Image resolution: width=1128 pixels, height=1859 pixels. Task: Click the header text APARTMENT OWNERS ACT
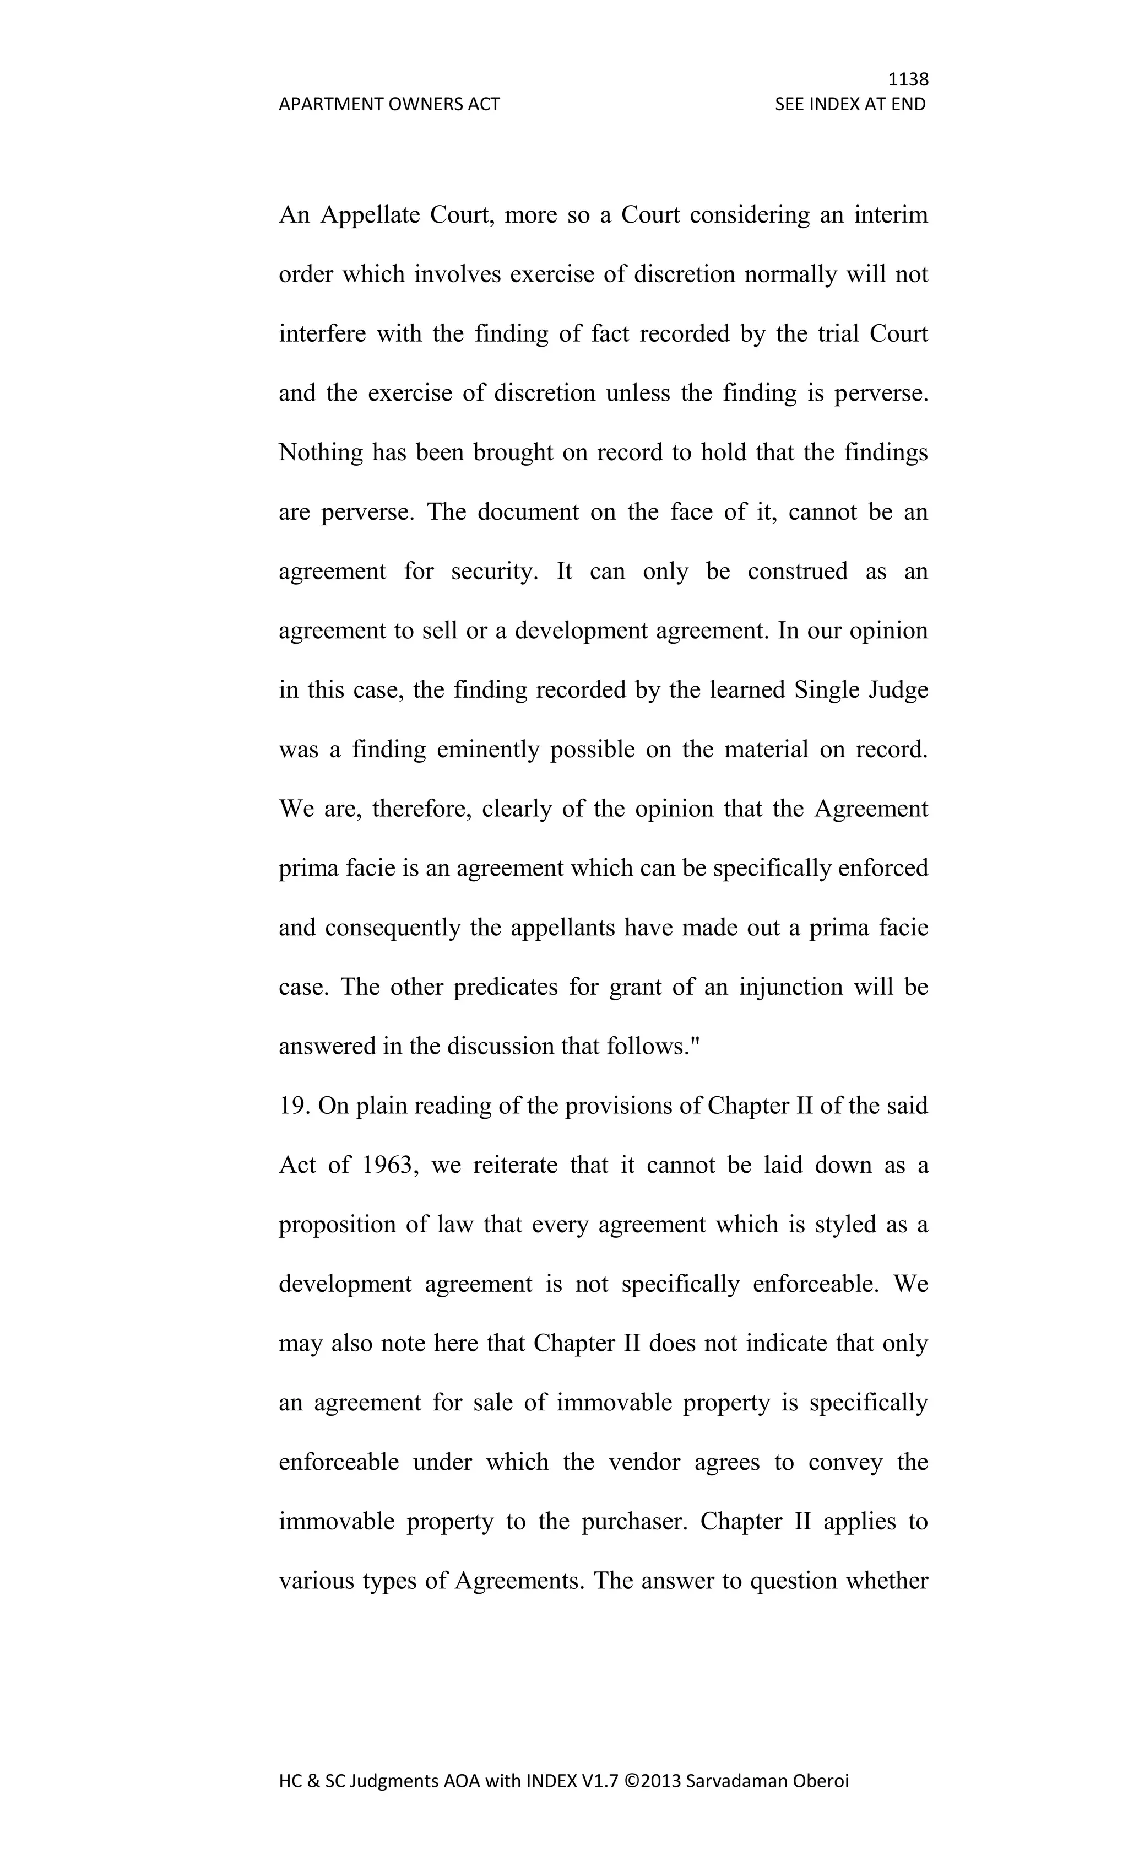[x=389, y=104]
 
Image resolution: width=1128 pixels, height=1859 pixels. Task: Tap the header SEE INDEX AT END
[x=850, y=104]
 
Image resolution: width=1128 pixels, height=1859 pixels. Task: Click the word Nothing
[x=321, y=452]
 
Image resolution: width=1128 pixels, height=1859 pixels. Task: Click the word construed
[x=797, y=571]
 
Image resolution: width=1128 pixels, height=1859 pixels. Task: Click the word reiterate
[x=515, y=1165]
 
